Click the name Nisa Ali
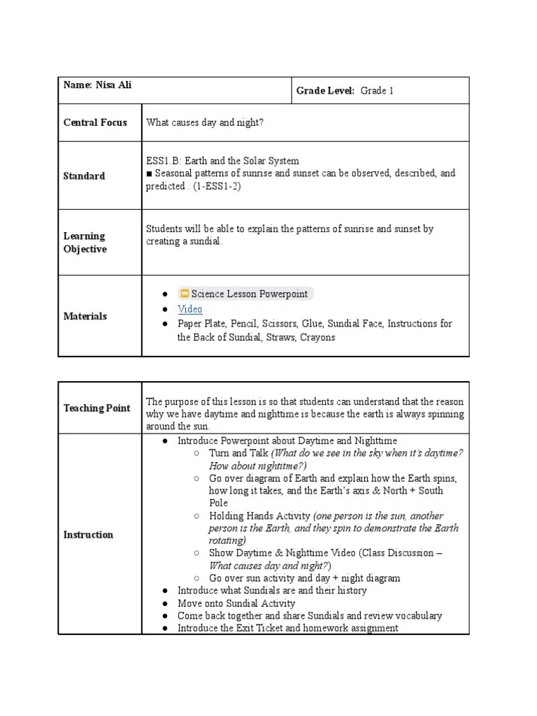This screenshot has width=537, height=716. coord(108,85)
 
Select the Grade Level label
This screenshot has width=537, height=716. coord(325,91)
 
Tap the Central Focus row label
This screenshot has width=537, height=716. coord(95,122)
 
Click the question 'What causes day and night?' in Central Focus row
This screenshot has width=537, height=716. coord(205,122)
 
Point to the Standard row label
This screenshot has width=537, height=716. coord(84,176)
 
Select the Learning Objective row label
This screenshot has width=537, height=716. coord(85,243)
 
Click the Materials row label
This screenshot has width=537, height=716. coord(85,316)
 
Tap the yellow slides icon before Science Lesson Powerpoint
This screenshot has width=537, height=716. coord(185,294)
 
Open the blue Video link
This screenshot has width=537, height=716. coord(189,309)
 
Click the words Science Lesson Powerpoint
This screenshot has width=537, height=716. coord(249,294)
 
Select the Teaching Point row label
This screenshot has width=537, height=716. coord(96,408)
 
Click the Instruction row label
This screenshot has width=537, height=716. coord(88,535)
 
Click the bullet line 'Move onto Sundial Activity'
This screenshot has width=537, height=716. coord(236,603)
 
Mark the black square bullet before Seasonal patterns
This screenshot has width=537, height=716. coord(149,173)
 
